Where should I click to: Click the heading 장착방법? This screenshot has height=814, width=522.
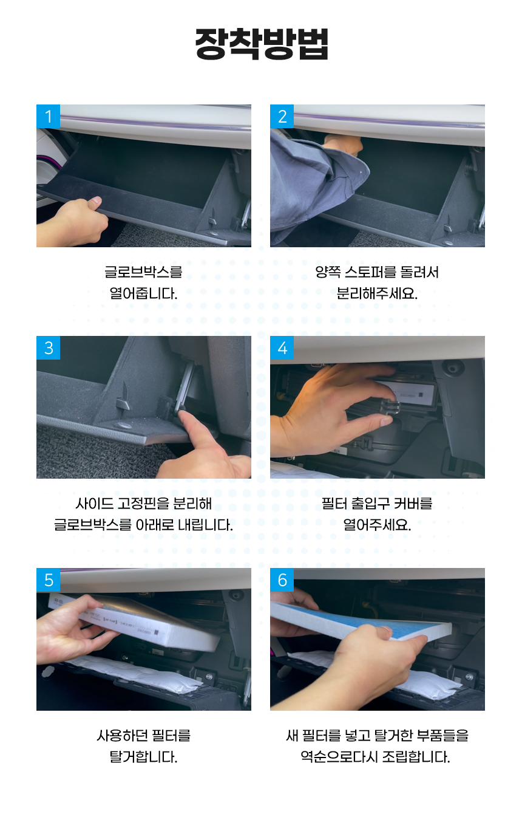click(262, 44)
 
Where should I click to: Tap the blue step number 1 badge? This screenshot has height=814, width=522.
click(49, 116)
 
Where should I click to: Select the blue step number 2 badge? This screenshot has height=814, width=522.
click(282, 116)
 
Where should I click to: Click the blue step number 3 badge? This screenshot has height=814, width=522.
click(49, 347)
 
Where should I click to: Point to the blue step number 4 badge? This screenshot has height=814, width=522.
click(282, 347)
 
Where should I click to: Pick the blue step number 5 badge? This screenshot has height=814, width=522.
click(49, 580)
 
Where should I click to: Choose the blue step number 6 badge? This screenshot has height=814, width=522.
click(282, 580)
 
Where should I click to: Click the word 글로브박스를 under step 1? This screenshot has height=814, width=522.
click(143, 272)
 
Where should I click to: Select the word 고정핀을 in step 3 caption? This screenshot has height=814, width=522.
click(143, 504)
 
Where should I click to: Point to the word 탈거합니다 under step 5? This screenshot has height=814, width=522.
click(143, 757)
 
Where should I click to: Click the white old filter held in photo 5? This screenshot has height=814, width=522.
click(145, 621)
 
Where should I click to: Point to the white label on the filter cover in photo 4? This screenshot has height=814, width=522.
click(408, 392)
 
